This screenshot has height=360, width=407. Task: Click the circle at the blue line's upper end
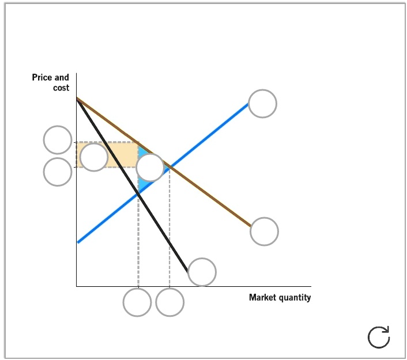[x=262, y=104]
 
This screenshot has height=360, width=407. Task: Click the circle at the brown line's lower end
[x=264, y=232]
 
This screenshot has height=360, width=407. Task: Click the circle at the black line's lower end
[x=202, y=272]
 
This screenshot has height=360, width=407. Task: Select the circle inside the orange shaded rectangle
[x=94, y=157]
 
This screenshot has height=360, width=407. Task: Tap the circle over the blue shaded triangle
[x=150, y=168]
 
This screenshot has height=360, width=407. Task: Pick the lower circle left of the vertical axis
[x=58, y=172]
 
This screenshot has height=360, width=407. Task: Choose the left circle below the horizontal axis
[x=138, y=302]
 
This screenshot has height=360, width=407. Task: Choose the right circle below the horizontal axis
[x=170, y=302]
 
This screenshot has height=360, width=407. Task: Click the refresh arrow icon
[x=379, y=337]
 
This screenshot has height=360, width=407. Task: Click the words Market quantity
[x=280, y=298]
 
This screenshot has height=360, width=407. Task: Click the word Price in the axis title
[x=43, y=77]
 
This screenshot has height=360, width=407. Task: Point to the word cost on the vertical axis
[x=61, y=88]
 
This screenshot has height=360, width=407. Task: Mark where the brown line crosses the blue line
[x=169, y=168]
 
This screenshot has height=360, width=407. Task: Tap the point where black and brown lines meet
[x=77, y=99]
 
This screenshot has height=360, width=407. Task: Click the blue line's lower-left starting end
[x=78, y=242]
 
